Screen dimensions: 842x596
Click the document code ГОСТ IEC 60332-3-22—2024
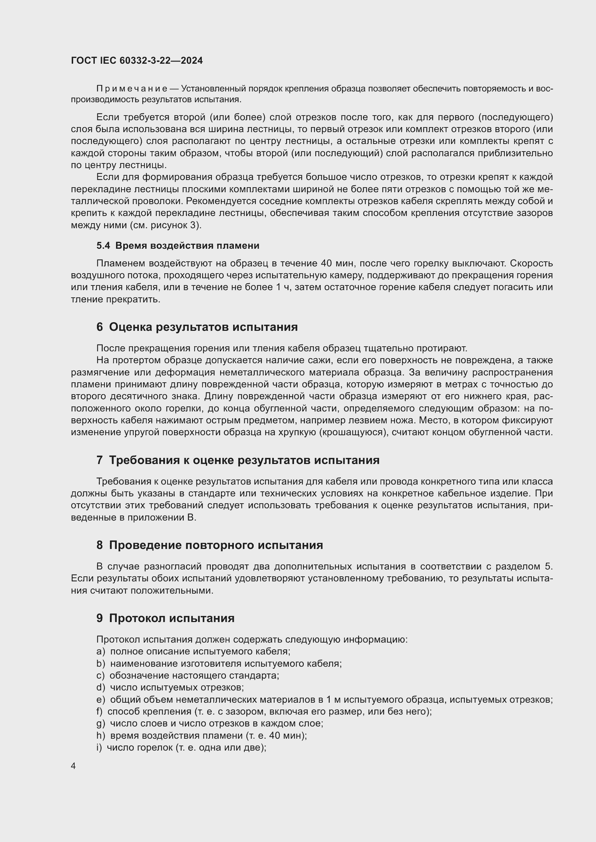pyautogui.click(x=137, y=60)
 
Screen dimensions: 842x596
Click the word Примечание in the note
pyautogui.click(x=132, y=89)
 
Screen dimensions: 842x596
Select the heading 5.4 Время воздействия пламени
pyautogui.click(x=178, y=246)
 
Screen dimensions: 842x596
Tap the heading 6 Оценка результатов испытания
pyautogui.click(x=197, y=327)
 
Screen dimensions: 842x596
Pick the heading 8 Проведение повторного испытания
pyautogui.click(x=210, y=545)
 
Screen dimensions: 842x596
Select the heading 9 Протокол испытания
pyautogui.click(x=165, y=618)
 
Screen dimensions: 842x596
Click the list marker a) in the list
pyautogui.click(x=101, y=651)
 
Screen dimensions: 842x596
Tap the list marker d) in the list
pyautogui.click(x=101, y=687)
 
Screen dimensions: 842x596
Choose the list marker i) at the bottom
pyautogui.click(x=99, y=747)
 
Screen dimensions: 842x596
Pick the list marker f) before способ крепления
pyautogui.click(x=99, y=711)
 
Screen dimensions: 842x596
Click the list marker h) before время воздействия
pyautogui.click(x=101, y=736)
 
